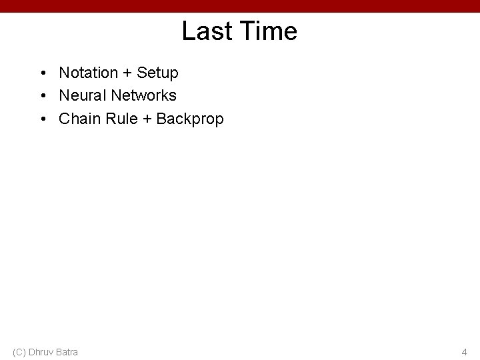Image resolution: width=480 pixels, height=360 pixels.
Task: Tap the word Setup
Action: click(159, 72)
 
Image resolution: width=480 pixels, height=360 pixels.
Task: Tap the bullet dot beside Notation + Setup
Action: click(43, 72)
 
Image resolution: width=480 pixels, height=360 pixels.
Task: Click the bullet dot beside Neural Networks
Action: click(43, 95)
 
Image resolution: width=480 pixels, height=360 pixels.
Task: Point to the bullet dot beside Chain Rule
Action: click(43, 119)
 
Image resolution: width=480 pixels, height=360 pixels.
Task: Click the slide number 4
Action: click(464, 351)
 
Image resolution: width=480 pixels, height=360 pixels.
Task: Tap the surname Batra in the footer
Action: click(67, 351)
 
